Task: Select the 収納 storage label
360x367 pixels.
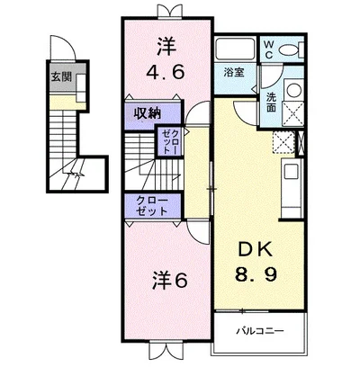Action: click(x=148, y=114)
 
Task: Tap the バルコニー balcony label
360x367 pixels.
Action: click(x=261, y=331)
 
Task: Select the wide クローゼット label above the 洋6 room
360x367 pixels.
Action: click(x=148, y=205)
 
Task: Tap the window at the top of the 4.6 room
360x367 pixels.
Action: click(x=165, y=12)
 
